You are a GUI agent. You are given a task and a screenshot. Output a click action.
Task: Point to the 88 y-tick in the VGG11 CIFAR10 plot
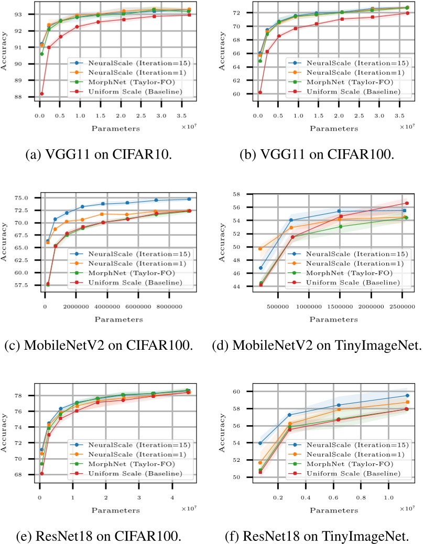(28, 97)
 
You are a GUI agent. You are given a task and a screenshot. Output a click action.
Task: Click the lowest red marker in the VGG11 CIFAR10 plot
(41, 94)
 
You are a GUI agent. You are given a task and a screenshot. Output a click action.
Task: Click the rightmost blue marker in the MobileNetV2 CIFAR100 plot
(189, 199)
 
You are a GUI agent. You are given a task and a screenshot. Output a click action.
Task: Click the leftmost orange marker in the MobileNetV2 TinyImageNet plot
(261, 249)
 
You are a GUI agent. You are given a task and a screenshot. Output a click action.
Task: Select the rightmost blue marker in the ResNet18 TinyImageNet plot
(407, 396)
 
